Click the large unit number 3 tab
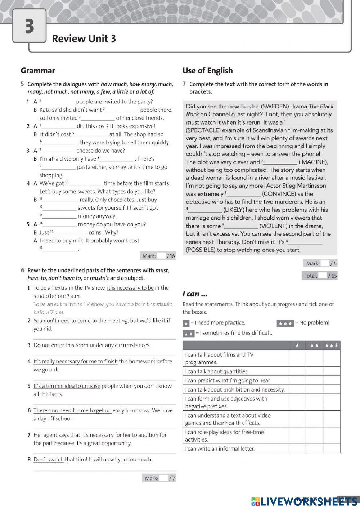tap(30, 26)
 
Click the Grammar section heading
tap(38, 71)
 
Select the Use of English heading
tap(207, 71)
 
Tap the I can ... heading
tap(195, 294)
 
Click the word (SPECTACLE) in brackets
tap(203, 130)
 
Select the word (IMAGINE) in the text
tap(312, 162)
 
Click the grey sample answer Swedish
tap(249, 107)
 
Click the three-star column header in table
tap(331, 345)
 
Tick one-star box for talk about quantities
tap(297, 371)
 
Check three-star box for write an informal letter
tap(331, 448)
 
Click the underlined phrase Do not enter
tap(49, 345)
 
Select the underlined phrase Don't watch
tap(48, 460)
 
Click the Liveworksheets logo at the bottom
tap(304, 501)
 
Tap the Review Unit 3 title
tap(84, 39)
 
